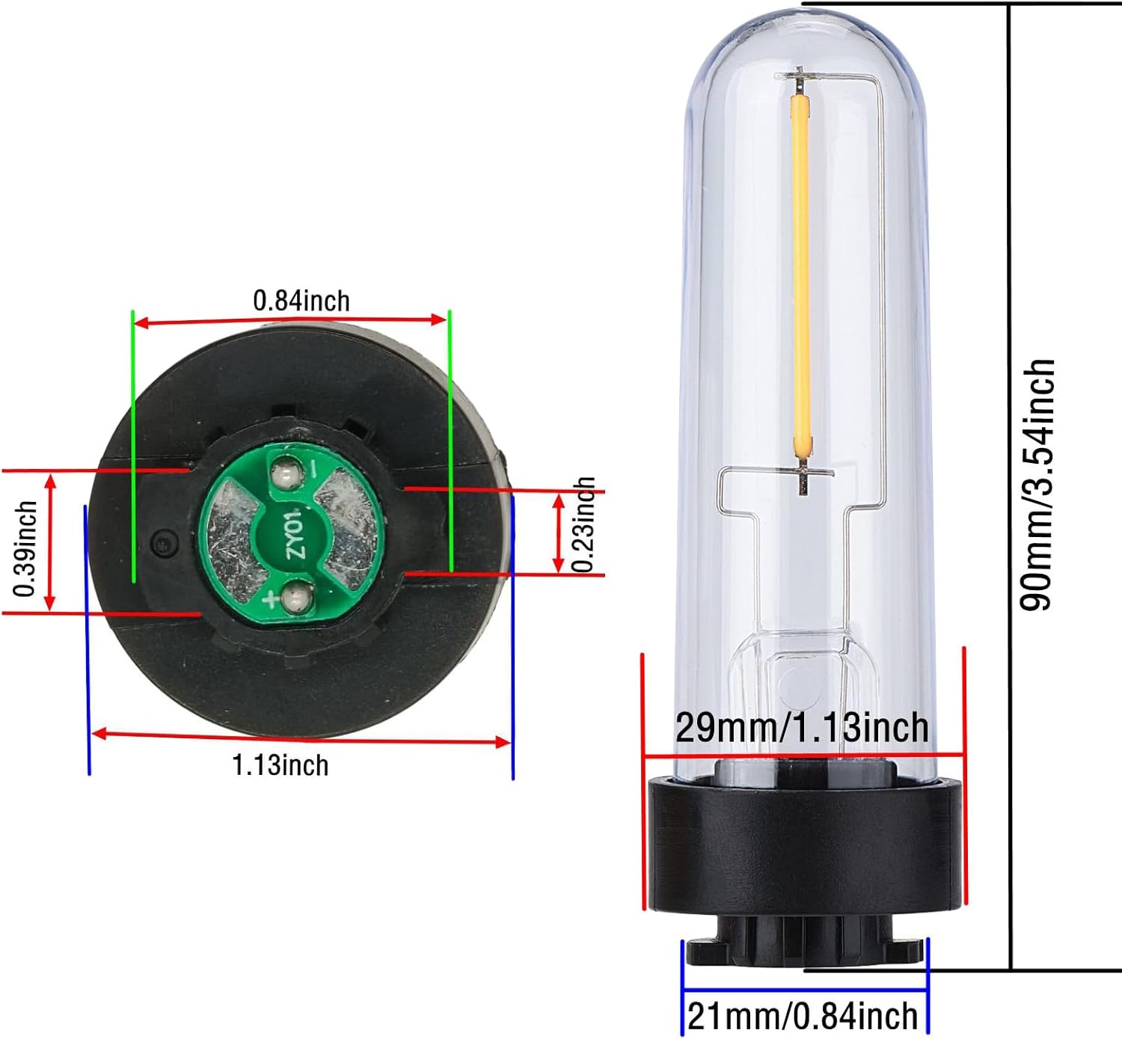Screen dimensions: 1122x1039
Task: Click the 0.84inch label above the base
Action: [301, 301]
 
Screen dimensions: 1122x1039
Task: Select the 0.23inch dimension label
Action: [583, 525]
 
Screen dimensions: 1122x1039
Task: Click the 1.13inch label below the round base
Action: [280, 765]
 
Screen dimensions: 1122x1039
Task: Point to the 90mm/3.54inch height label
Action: [1037, 485]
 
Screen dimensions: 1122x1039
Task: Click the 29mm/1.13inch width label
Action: [803, 728]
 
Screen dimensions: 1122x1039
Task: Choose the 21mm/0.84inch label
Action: [803, 1017]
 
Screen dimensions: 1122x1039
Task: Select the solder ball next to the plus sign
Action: [295, 598]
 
